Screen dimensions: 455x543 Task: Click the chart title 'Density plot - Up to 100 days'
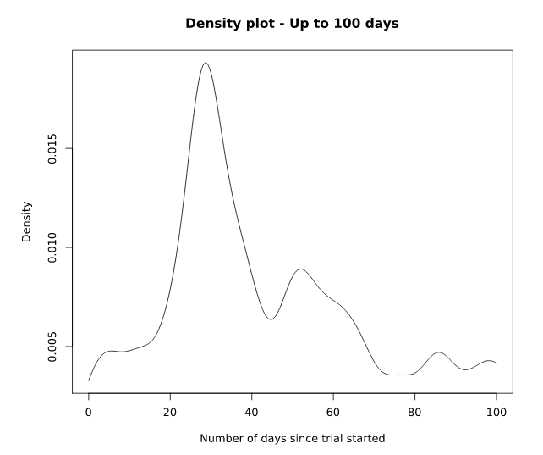[x=292, y=24]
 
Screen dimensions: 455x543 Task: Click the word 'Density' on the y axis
[x=26, y=222]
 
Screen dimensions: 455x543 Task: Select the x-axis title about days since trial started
[x=292, y=438]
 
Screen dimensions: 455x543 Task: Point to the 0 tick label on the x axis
[x=89, y=412]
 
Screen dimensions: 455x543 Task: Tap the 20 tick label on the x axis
[x=170, y=412]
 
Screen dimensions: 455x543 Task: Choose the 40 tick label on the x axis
[x=252, y=412]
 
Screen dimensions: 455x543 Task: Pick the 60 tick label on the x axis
[x=333, y=412]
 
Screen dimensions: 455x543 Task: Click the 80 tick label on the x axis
[x=414, y=412]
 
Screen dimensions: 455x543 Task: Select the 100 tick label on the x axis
[x=496, y=412]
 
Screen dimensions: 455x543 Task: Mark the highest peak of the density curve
[x=205, y=63]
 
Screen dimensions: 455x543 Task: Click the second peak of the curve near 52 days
[x=300, y=269]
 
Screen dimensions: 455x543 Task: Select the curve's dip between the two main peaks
[x=270, y=319]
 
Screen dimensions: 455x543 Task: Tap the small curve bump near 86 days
[x=438, y=352]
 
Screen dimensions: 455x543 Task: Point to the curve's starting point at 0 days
[x=89, y=380]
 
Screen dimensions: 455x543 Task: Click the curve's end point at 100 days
[x=496, y=363]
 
